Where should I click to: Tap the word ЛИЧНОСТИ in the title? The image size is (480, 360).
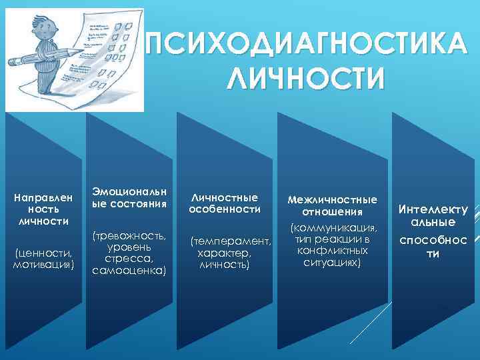pyautogui.click(x=305, y=77)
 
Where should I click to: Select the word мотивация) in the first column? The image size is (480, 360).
pyautogui.click(x=43, y=265)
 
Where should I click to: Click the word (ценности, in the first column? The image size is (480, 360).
pyautogui.click(x=43, y=253)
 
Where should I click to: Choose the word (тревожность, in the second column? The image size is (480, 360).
pyautogui.click(x=129, y=236)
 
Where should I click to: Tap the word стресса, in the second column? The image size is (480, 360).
pyautogui.click(x=129, y=259)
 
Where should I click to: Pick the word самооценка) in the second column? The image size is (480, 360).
pyautogui.click(x=129, y=271)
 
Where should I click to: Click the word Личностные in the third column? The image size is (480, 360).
pyautogui.click(x=224, y=197)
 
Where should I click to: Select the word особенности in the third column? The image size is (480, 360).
pyautogui.click(x=224, y=209)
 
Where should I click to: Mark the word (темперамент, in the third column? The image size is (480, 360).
pyautogui.click(x=231, y=241)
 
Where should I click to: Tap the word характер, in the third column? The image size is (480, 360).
pyautogui.click(x=224, y=253)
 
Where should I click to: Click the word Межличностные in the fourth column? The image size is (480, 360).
pyautogui.click(x=332, y=199)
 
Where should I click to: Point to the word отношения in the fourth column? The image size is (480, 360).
pyautogui.click(x=332, y=212)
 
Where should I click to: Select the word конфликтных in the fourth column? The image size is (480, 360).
pyautogui.click(x=332, y=251)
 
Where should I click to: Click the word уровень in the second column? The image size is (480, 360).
pyautogui.click(x=129, y=247)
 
